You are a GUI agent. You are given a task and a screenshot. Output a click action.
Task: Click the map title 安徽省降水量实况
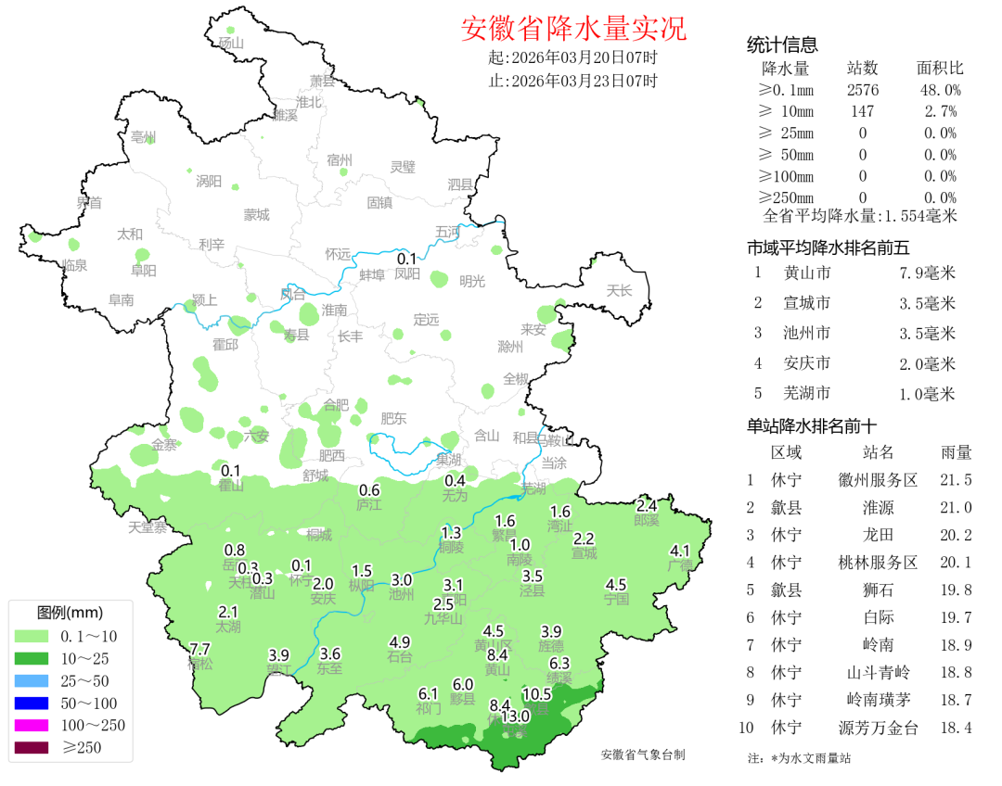[x=573, y=29]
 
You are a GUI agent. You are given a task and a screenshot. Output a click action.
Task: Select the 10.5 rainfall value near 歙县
[x=536, y=694]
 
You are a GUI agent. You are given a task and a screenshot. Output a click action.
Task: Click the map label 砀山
[x=230, y=43]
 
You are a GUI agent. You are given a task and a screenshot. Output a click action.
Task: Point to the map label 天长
[x=619, y=291]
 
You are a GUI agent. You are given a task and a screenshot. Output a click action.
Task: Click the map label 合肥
[x=336, y=405]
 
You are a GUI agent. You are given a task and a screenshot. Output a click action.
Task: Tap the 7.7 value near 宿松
[x=199, y=649]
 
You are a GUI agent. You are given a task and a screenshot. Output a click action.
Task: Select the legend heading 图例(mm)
[x=70, y=613]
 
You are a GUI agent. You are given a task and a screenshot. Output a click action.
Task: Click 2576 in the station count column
[x=863, y=90]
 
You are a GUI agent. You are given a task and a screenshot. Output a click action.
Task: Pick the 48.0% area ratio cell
[x=939, y=90]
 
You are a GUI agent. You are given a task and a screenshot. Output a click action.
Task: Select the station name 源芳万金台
[x=878, y=729]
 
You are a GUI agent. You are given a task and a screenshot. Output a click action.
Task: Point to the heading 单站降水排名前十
[x=812, y=426]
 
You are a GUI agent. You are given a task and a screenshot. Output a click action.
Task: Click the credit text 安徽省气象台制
[x=643, y=754]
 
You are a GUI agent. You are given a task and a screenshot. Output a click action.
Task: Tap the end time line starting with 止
[x=572, y=81]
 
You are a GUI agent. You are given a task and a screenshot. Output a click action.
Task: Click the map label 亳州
[x=144, y=137]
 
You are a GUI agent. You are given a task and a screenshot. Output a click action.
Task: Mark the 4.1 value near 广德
[x=680, y=551]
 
